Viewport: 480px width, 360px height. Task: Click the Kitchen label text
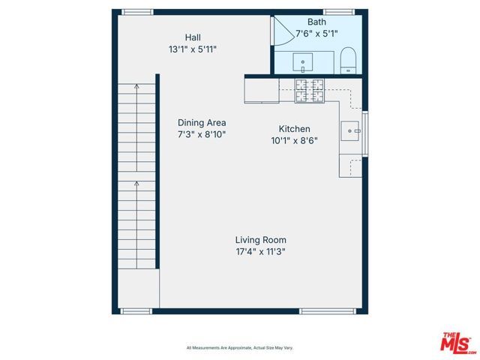(294, 129)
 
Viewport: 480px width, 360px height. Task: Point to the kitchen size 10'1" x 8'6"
(294, 140)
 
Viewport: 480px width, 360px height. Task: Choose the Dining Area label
(202, 123)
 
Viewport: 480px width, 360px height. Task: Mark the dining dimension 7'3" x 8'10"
(202, 134)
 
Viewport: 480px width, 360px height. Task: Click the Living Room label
(260, 240)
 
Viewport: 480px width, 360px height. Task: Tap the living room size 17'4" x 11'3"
(260, 252)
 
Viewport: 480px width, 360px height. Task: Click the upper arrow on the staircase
(136, 88)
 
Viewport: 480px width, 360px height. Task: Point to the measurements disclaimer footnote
(240, 348)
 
